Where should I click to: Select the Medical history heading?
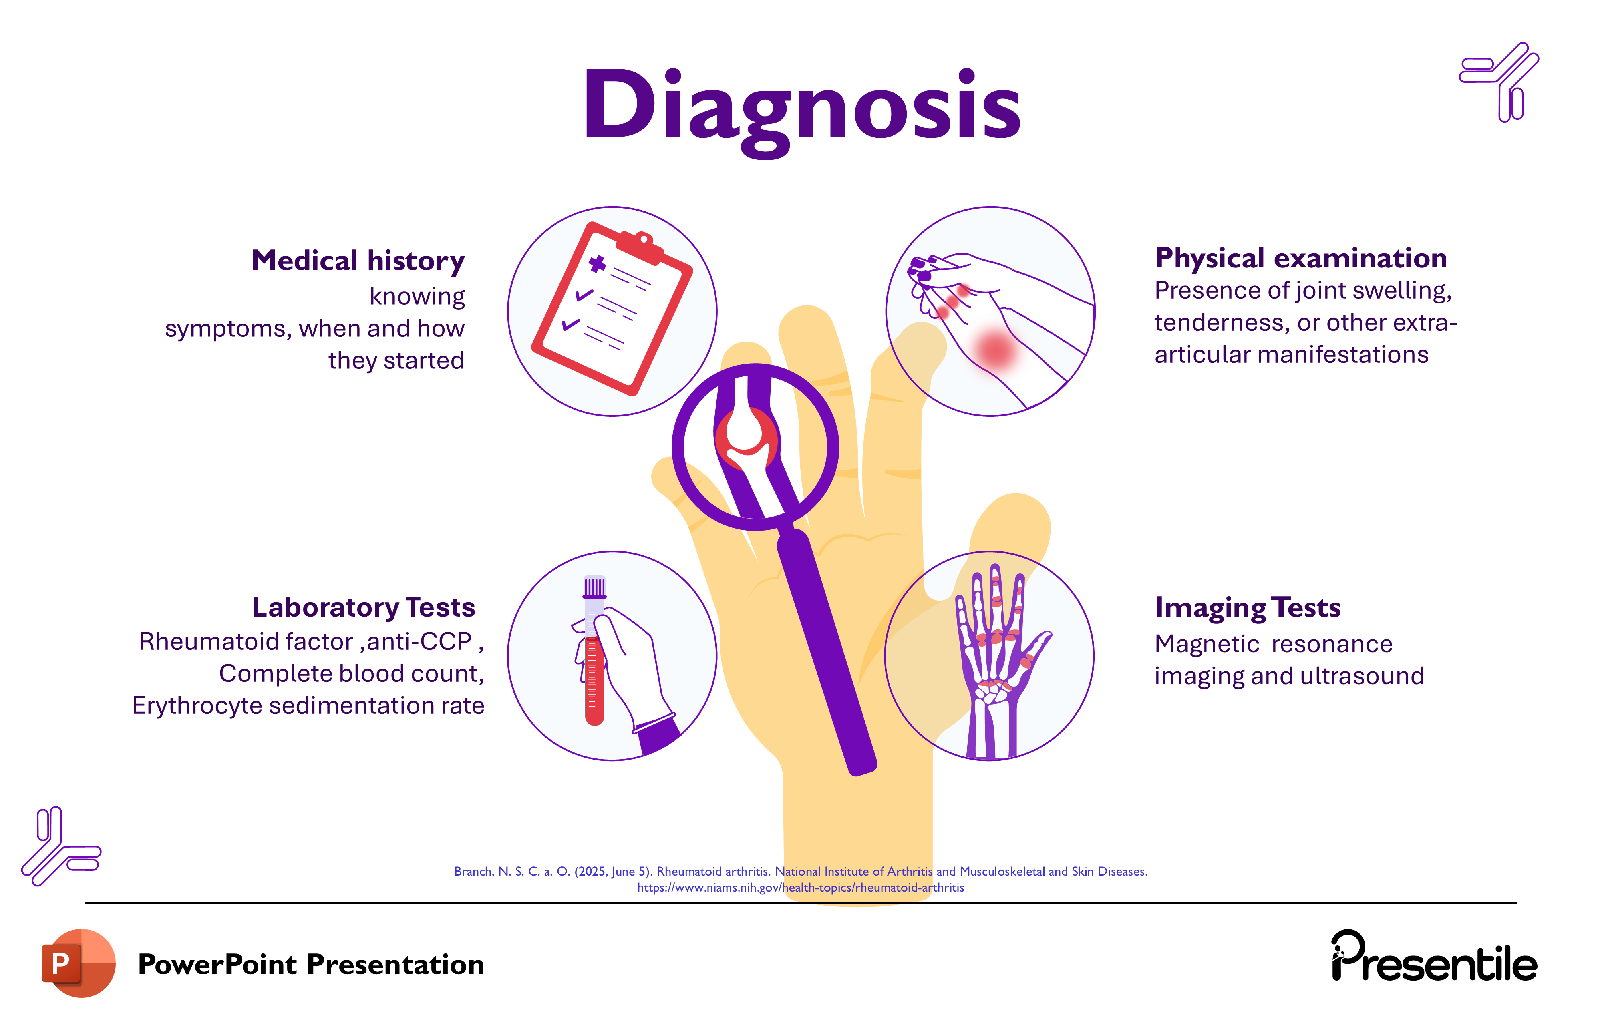point(358,261)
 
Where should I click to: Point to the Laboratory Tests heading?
point(363,607)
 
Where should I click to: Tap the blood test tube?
point(594,659)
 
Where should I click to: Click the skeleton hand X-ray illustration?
point(994,659)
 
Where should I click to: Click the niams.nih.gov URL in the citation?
point(800,887)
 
